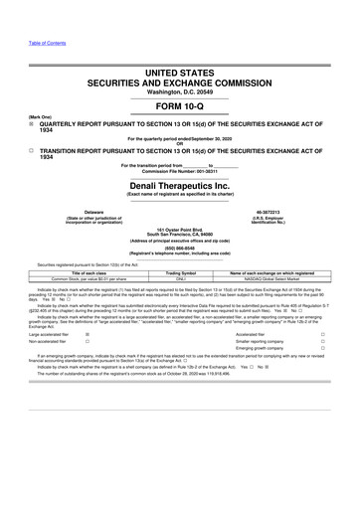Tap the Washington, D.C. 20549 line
coord(179,86)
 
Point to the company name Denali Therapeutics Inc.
coord(179,186)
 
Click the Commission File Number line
coord(179,172)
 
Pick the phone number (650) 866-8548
coord(179,250)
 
